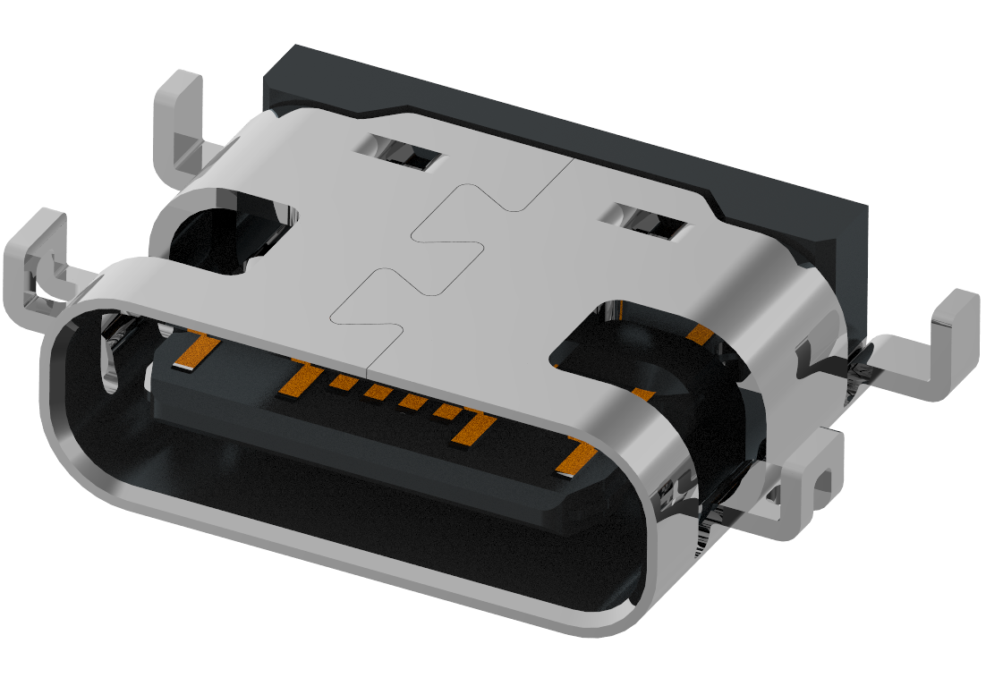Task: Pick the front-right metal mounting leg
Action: pos(810,483)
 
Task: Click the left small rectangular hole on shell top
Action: pos(405,153)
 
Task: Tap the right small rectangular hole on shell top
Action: pos(651,223)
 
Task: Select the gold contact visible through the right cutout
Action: pos(700,335)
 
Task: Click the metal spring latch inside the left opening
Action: pos(112,358)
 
